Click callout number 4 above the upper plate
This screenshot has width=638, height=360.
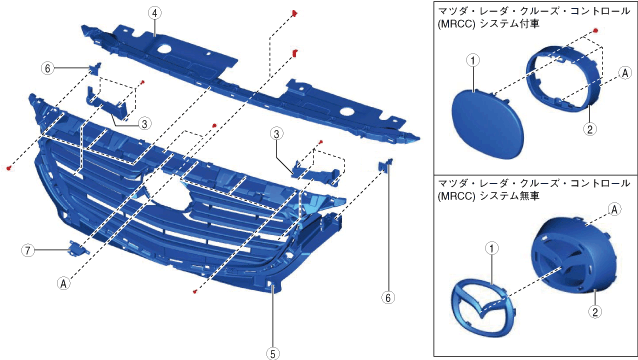pyautogui.click(x=154, y=13)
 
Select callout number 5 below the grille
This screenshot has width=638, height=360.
pyautogui.click(x=273, y=353)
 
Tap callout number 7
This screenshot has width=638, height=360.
pyautogui.click(x=28, y=250)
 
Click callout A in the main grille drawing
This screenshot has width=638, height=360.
pyautogui.click(x=63, y=283)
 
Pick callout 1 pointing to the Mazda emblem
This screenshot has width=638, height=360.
pyautogui.click(x=492, y=248)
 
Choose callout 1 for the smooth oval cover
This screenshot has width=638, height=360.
pyautogui.click(x=473, y=61)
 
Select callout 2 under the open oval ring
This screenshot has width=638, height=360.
pyautogui.click(x=590, y=129)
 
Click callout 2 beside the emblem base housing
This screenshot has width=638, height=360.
pyautogui.click(x=595, y=312)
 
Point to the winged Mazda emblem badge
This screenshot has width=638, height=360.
pyautogui.click(x=483, y=307)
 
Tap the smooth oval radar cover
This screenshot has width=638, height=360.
pyautogui.click(x=487, y=124)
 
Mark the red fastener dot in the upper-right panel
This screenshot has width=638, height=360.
pyautogui.click(x=595, y=31)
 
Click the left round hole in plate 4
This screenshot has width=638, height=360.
pyautogui.click(x=165, y=49)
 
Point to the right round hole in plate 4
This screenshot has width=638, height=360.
pyautogui.click(x=347, y=111)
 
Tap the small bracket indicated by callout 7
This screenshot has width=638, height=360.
pyautogui.click(x=78, y=248)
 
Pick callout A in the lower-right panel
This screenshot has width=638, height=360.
pyautogui.click(x=614, y=209)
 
